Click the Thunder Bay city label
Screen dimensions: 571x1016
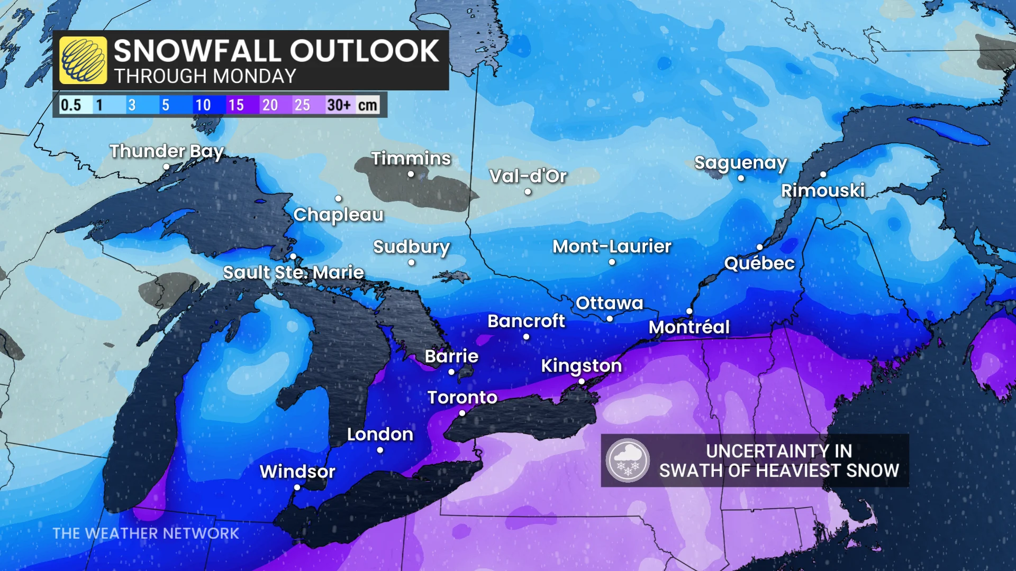(167, 151)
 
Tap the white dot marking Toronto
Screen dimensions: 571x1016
(462, 413)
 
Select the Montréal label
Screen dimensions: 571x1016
(689, 327)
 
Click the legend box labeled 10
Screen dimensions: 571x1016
(203, 105)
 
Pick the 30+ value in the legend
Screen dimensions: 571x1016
(339, 105)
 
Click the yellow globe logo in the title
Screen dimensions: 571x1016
(83, 60)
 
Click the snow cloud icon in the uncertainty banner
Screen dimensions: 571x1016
(628, 461)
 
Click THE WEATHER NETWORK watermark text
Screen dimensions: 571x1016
(146, 533)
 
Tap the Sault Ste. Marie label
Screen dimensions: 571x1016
(293, 273)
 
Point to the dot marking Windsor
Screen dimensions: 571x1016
(297, 487)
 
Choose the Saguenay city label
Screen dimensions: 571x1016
(740, 163)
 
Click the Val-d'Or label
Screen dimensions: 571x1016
(528, 176)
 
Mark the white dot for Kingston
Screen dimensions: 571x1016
(581, 381)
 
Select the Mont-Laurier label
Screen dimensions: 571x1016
(612, 246)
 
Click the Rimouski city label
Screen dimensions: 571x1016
(823, 190)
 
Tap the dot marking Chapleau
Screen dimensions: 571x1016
(338, 198)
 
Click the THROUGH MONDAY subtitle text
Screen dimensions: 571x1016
(205, 77)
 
